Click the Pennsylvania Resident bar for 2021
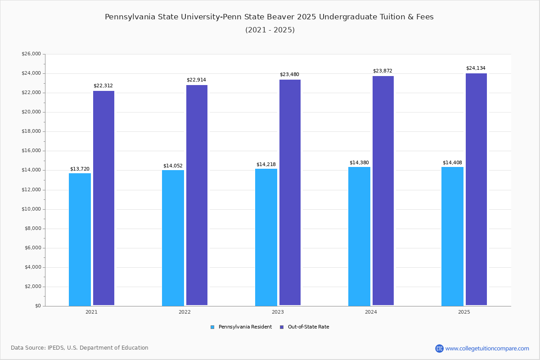(x=80, y=239)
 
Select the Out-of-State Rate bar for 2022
(x=197, y=195)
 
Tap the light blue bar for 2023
(x=266, y=237)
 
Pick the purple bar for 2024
(x=383, y=191)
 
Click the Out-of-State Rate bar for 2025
(x=476, y=189)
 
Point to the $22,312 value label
(x=103, y=85)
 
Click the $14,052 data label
(x=173, y=166)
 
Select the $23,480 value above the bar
(x=289, y=74)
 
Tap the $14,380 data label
(x=359, y=162)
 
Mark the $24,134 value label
(x=476, y=68)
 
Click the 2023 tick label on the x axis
(x=278, y=312)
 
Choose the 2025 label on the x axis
(x=464, y=312)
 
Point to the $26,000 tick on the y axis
(x=31, y=54)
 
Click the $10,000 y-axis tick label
(x=31, y=209)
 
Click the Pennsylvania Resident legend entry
(x=245, y=327)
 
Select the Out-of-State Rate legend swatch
(x=282, y=327)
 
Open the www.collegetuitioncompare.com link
(x=487, y=348)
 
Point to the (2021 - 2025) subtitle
(x=270, y=30)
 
